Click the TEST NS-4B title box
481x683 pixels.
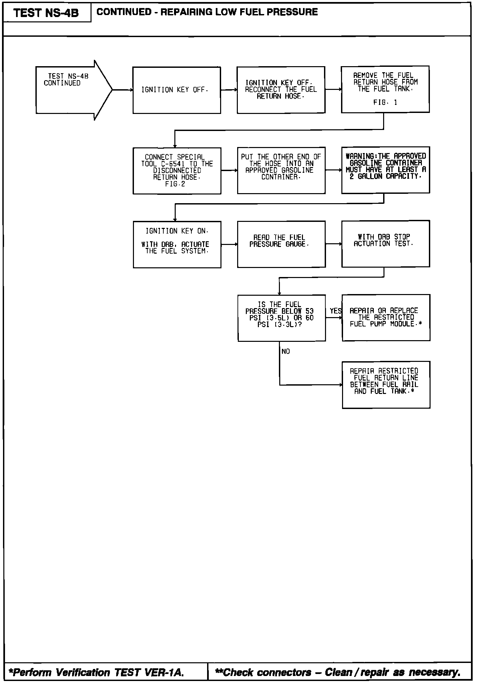tap(47, 13)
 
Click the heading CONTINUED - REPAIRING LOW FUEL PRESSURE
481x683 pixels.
tap(207, 12)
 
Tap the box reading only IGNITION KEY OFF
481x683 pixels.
tap(176, 90)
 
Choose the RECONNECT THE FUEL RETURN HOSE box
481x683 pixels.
tap(281, 90)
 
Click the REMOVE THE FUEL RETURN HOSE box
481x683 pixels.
tap(385, 89)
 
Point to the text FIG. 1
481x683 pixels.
tap(385, 103)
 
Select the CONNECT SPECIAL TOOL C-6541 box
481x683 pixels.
tap(177, 170)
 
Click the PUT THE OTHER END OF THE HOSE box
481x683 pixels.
tap(281, 170)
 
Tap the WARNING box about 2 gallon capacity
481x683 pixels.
tap(385, 170)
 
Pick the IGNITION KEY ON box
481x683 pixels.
tap(177, 244)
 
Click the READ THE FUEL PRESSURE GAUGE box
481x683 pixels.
tap(281, 244)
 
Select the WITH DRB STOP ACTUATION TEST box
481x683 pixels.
tap(385, 243)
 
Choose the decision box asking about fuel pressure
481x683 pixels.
tap(281, 318)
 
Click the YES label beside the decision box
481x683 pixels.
tap(335, 311)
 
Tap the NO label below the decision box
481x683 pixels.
tap(286, 351)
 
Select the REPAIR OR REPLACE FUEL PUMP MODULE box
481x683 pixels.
tap(386, 317)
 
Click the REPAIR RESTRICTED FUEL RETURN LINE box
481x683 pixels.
tap(386, 385)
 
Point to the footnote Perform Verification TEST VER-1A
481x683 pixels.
tap(97, 672)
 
